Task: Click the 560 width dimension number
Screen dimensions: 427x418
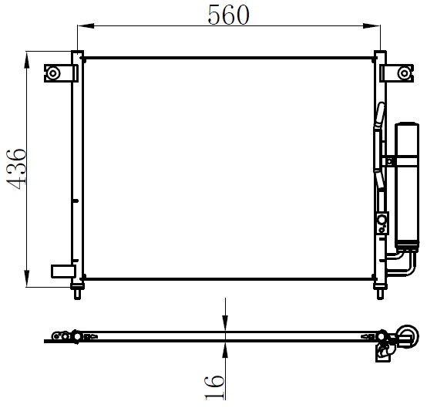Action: [228, 15]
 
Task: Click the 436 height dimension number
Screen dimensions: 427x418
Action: [16, 169]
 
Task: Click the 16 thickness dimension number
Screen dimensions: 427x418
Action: [215, 387]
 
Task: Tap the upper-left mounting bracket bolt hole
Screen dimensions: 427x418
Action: [53, 73]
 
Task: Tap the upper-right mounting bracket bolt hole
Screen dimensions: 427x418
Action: [404, 73]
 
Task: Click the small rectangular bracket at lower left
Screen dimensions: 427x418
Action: [63, 271]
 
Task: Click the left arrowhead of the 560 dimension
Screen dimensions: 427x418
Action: [86, 26]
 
